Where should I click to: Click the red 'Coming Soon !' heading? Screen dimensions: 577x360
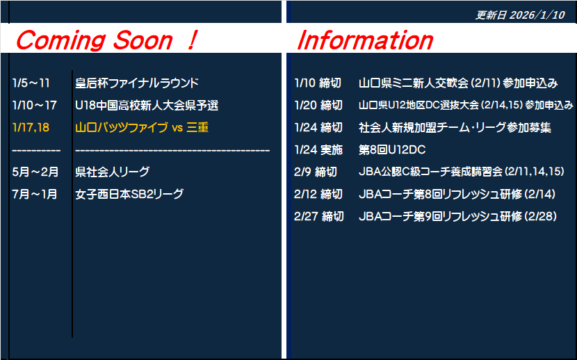coord(107,40)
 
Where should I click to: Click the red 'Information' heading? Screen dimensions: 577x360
coord(365,40)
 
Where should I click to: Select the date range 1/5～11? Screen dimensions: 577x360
coord(31,83)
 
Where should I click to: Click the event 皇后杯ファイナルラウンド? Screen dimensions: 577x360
coord(137,83)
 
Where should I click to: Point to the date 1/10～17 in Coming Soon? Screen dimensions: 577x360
coord(34,106)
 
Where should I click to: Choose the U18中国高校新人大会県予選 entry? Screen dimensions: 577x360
coord(147,106)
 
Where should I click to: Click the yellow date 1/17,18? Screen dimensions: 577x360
coord(31,128)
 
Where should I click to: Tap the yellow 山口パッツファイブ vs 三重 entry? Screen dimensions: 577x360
coord(142,128)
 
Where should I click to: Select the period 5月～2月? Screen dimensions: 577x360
coord(35,172)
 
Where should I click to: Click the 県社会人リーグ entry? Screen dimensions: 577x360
coord(112,172)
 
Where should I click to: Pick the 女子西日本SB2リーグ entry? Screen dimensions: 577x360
coord(129,194)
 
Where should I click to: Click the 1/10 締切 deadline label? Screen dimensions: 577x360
coord(318,83)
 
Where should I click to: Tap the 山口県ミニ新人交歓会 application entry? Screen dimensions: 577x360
coord(459,83)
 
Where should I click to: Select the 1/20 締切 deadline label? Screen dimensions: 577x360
coord(318,106)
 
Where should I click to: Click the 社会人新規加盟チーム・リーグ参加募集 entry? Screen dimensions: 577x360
coord(455,128)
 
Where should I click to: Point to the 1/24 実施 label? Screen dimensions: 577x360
coord(318,149)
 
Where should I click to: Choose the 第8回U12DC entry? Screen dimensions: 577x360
coord(392,149)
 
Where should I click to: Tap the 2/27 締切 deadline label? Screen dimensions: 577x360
coord(319,216)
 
